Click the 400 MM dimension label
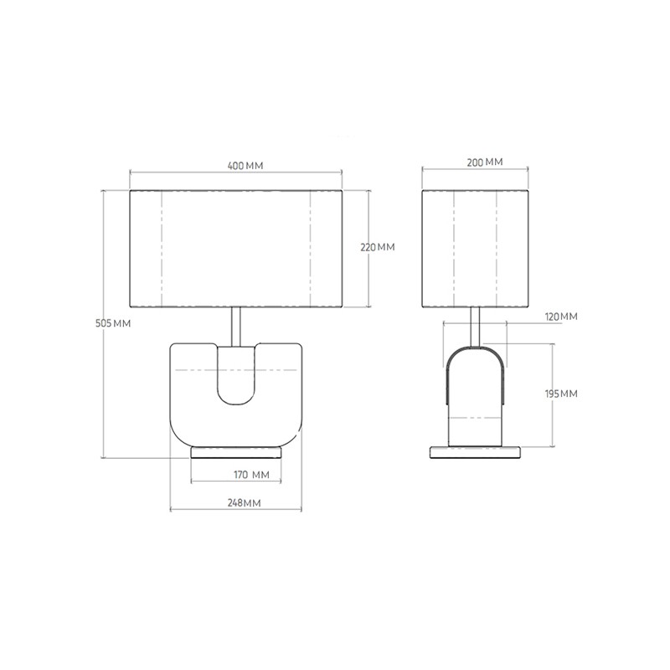[x=245, y=165]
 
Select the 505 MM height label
[x=113, y=323]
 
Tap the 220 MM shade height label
[x=378, y=247]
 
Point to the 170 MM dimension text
[x=251, y=474]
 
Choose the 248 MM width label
[x=244, y=502]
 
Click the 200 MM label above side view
[x=485, y=162]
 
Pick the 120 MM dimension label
[x=561, y=317]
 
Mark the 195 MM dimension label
[x=561, y=394]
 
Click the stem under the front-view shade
[x=236, y=327]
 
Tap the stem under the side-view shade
[x=475, y=327]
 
